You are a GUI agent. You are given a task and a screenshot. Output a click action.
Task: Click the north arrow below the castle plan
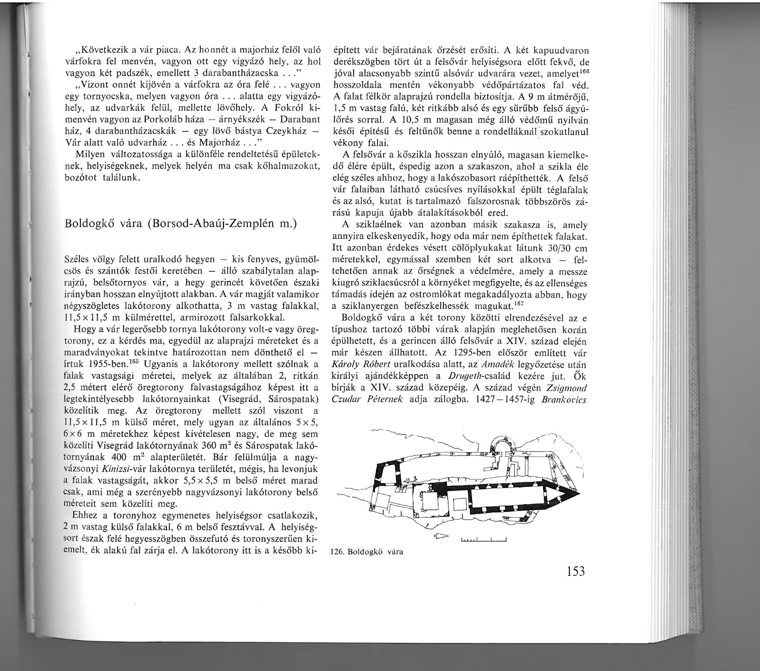click(442, 536)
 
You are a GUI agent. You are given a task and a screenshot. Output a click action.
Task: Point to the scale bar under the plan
click(484, 539)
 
